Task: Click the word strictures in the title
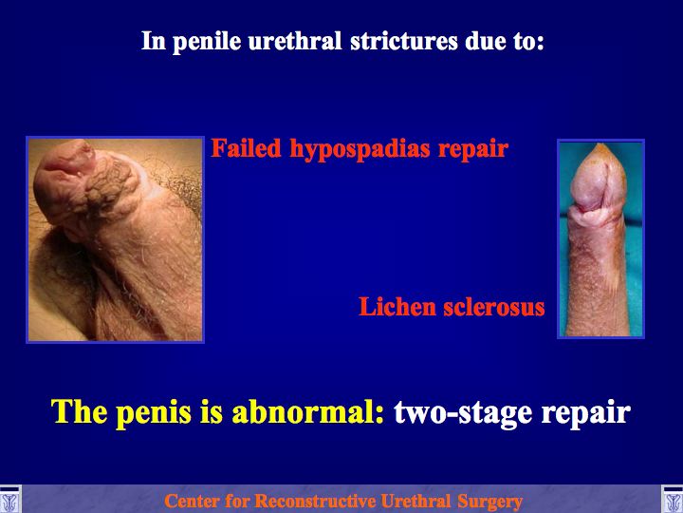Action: [x=404, y=41]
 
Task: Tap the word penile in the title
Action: [x=207, y=42]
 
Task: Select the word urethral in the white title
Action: [x=295, y=41]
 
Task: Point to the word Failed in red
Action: [x=246, y=148]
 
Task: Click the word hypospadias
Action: [x=360, y=150]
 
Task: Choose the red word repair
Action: [x=473, y=150]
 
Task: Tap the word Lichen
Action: [x=397, y=306]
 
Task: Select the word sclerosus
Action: [x=494, y=306]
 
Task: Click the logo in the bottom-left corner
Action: [x=9, y=499]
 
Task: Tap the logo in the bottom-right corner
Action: [x=673, y=499]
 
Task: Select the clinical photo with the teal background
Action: [x=600, y=238]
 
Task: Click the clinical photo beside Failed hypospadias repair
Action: [x=115, y=239]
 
